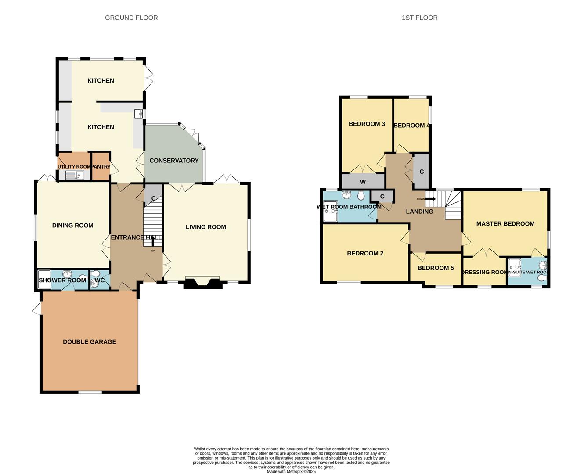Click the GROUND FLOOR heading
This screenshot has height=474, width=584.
click(x=131, y=18)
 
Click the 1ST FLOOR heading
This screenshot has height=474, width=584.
click(x=419, y=18)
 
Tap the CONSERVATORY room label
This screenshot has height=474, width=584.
click(x=174, y=161)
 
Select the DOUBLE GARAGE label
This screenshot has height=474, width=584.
click(x=90, y=341)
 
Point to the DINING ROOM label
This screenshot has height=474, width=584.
click(x=72, y=226)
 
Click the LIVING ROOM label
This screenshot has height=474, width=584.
click(x=205, y=227)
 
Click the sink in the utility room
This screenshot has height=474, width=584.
click(x=75, y=176)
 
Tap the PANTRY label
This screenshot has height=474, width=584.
click(x=101, y=167)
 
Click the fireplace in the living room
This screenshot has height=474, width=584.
click(x=202, y=283)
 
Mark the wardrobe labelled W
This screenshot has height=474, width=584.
click(x=363, y=182)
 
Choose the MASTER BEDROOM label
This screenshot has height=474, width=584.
click(x=505, y=223)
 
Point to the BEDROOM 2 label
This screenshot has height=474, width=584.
click(x=365, y=253)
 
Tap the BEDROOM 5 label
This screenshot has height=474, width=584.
click(x=436, y=268)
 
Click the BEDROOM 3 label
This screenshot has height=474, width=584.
click(x=367, y=124)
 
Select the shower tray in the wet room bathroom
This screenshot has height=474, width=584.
click(x=330, y=212)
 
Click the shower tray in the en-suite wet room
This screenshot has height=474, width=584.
click(x=514, y=266)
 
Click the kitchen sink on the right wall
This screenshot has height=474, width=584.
click(x=140, y=114)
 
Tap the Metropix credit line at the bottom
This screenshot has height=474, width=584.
click(x=291, y=471)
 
